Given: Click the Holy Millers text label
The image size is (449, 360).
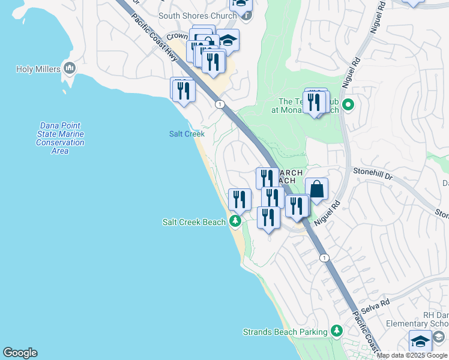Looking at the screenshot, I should (x=38, y=69).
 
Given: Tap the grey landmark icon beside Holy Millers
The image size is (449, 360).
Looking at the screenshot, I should (x=70, y=68).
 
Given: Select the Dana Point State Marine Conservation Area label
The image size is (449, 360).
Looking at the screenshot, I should (x=60, y=138).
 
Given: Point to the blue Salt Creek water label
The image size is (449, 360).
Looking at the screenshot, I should (x=187, y=134).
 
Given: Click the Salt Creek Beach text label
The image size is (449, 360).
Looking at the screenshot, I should (x=194, y=222).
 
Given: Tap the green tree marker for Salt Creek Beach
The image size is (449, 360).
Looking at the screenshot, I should (x=235, y=222).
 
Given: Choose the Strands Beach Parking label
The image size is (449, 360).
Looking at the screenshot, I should (x=285, y=331).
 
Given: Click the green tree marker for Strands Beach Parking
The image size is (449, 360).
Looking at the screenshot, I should (x=337, y=331).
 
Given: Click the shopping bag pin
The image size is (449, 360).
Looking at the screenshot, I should (x=317, y=190).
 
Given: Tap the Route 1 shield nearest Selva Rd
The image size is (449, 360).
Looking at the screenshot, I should (x=324, y=257).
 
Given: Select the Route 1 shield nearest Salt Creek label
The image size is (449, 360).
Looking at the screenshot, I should (x=220, y=104).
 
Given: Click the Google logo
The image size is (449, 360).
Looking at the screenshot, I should (x=20, y=353).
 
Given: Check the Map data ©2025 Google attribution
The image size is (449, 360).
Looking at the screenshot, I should (x=412, y=355).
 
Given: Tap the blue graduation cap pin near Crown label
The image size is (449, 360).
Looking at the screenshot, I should (x=228, y=40).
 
